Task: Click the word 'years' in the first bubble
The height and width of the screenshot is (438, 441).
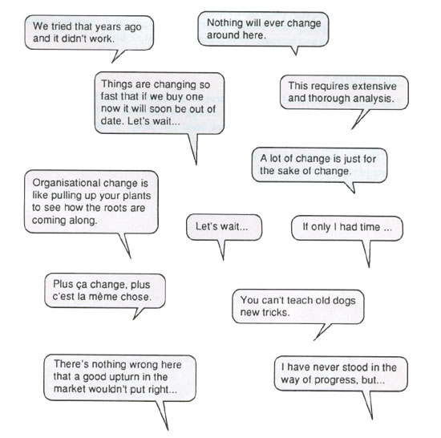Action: point(107,27)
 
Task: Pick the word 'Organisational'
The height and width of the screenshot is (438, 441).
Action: point(67,183)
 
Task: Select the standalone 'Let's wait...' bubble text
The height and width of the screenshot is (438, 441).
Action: point(222,226)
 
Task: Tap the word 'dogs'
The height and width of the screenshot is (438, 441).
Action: point(344,301)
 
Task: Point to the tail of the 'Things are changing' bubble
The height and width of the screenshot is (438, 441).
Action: point(194,148)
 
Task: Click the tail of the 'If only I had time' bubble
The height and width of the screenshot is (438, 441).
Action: point(366,253)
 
